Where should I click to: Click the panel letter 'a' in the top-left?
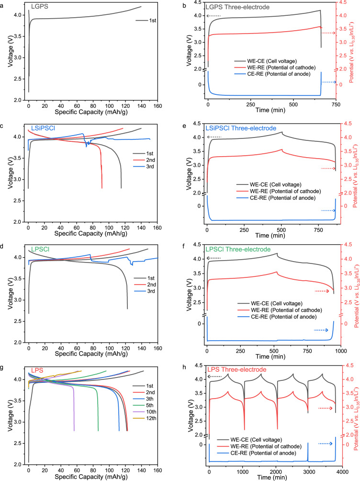click(3, 4)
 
